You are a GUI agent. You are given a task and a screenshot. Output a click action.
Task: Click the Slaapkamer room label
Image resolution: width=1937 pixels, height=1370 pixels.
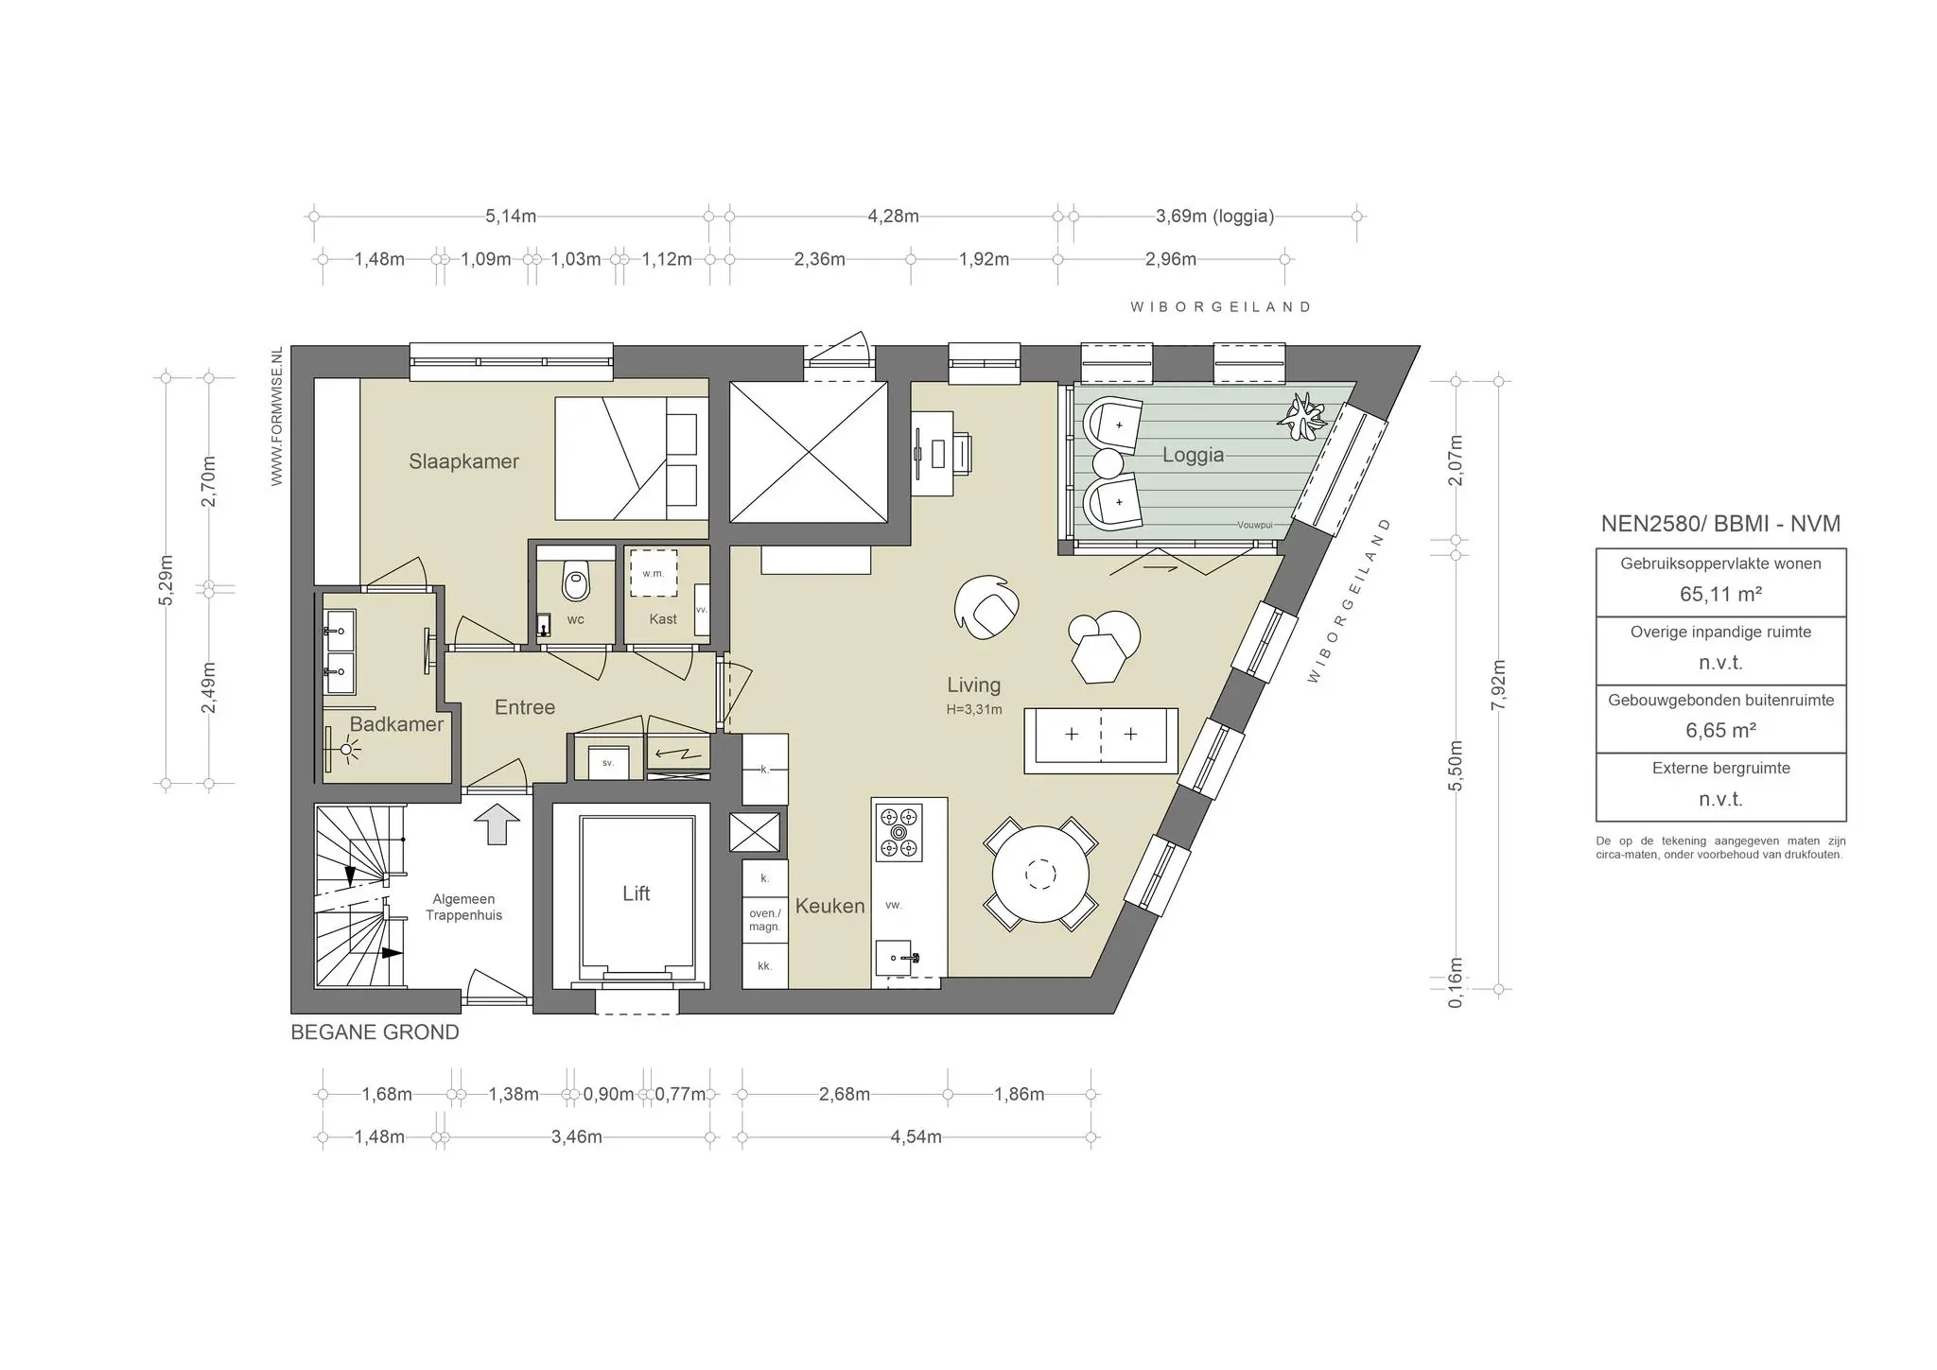click(x=463, y=461)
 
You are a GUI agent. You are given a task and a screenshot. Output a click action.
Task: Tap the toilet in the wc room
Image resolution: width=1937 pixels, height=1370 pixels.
click(x=575, y=579)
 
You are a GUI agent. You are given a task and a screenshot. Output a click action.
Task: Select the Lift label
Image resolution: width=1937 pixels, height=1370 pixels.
click(x=636, y=893)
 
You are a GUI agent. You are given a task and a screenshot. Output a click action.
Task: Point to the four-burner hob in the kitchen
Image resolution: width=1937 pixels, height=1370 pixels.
click(x=899, y=832)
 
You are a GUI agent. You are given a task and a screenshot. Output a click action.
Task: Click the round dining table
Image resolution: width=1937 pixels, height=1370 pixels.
click(x=1040, y=874)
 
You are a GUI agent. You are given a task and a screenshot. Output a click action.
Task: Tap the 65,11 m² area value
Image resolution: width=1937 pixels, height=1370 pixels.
click(x=1720, y=595)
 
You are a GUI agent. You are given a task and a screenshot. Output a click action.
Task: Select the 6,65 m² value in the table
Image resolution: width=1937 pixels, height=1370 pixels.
click(x=1720, y=731)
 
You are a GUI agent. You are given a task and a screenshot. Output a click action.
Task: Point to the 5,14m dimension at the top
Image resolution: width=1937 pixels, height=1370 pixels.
click(x=511, y=217)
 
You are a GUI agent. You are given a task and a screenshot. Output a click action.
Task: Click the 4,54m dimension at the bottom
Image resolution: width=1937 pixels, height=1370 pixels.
click(x=916, y=1136)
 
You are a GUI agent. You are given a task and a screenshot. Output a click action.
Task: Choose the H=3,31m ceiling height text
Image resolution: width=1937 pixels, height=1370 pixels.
click(x=974, y=709)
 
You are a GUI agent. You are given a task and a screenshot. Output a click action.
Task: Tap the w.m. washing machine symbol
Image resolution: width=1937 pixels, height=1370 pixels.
click(x=654, y=573)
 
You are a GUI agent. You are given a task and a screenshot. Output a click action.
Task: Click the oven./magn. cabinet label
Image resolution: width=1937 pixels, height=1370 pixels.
click(x=764, y=920)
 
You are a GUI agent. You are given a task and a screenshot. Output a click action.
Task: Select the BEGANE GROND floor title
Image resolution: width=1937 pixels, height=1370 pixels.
click(x=375, y=1032)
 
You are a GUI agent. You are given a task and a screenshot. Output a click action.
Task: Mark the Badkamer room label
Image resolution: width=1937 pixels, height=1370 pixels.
click(x=396, y=724)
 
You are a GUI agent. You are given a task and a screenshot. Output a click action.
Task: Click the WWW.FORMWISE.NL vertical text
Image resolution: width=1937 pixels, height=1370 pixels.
click(x=277, y=416)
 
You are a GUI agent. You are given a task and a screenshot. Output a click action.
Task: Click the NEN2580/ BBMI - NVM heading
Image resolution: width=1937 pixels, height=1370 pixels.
click(x=1720, y=524)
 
